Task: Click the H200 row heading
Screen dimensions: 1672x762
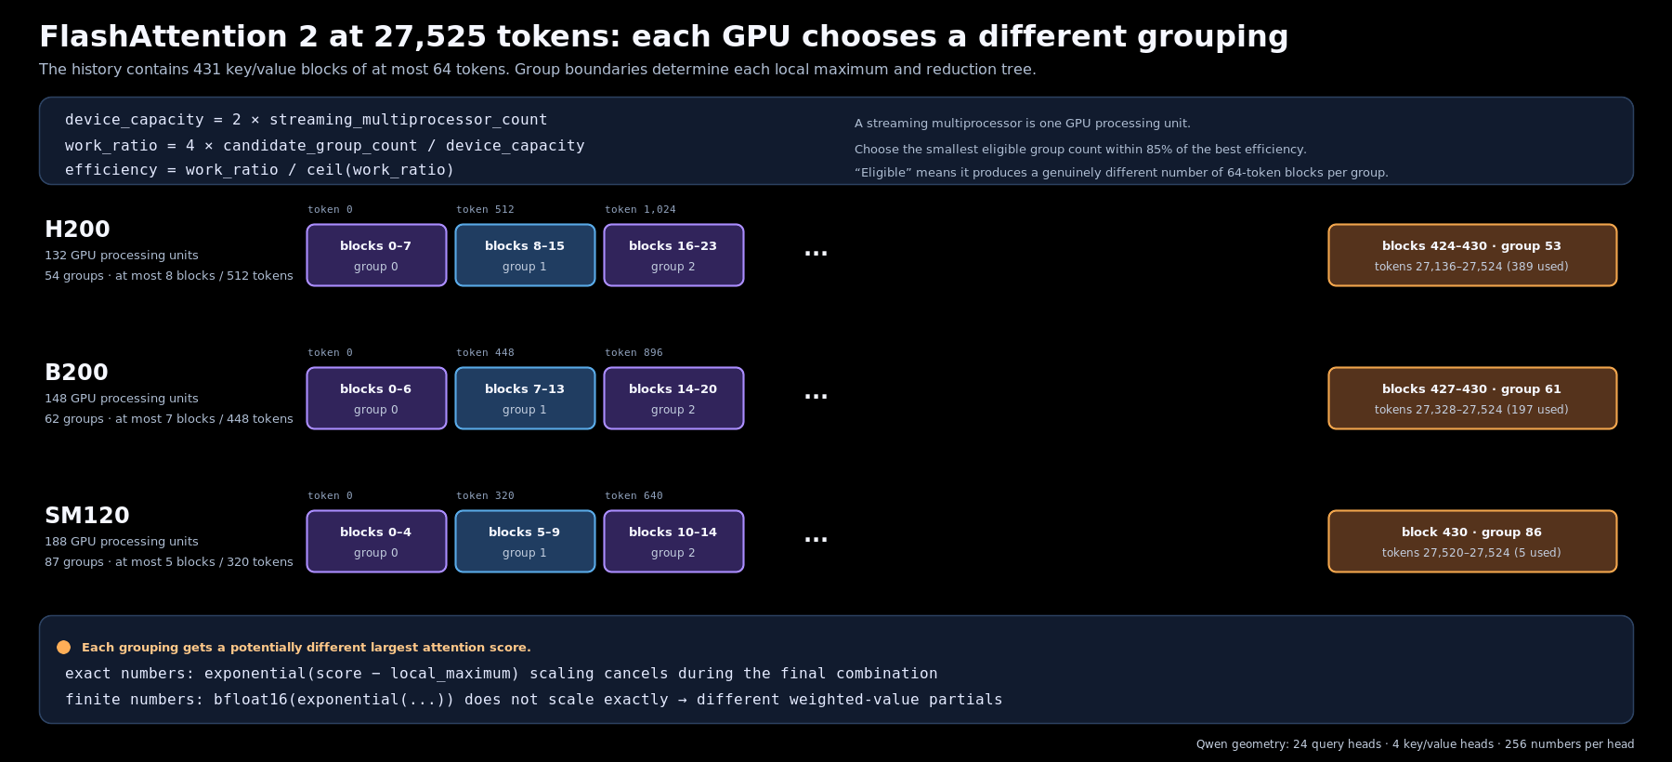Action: click(x=77, y=230)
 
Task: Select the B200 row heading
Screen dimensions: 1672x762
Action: click(x=76, y=373)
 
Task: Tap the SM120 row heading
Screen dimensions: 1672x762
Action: click(x=87, y=516)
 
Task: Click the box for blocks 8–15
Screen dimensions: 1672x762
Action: click(x=525, y=256)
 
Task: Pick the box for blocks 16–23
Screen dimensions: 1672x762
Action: click(x=673, y=256)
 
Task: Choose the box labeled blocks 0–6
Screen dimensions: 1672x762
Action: click(x=376, y=399)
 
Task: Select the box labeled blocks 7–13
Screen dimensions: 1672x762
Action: click(x=525, y=399)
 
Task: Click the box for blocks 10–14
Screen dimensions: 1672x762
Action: click(x=673, y=542)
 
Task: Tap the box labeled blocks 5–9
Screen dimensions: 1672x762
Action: click(x=525, y=542)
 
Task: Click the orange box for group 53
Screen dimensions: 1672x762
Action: click(x=1472, y=256)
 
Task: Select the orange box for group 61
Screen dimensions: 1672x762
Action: click(x=1472, y=399)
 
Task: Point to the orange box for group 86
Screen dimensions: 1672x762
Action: click(x=1472, y=542)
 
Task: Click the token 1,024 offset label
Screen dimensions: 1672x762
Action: click(x=640, y=210)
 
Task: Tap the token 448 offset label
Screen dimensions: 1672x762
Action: click(x=485, y=353)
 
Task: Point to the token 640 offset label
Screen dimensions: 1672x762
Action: click(x=634, y=496)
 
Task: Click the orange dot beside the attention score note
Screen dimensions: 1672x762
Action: click(x=63, y=648)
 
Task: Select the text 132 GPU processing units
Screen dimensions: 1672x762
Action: click(x=122, y=256)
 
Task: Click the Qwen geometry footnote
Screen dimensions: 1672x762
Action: click(x=1415, y=744)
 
